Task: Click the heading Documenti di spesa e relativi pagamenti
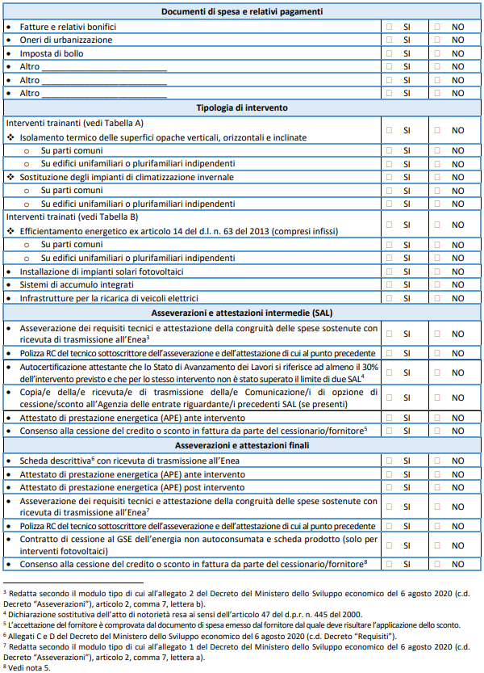point(242,12)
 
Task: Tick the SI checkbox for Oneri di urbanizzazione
point(390,40)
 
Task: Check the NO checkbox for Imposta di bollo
point(437,53)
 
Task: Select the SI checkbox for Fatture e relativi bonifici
point(390,27)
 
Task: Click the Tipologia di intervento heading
point(242,107)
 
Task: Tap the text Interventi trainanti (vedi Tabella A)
point(74,123)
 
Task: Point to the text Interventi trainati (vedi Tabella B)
point(72,217)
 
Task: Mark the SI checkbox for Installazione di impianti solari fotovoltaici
point(390,271)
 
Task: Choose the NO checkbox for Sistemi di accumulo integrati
point(437,285)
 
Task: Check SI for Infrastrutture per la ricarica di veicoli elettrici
point(390,298)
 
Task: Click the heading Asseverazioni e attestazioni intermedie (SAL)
point(242,313)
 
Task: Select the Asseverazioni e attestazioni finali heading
point(242,445)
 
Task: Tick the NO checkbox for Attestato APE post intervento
point(437,487)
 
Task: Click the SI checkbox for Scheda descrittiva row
point(390,461)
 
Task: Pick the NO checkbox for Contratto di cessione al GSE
point(437,544)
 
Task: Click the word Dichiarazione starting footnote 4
point(32,614)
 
